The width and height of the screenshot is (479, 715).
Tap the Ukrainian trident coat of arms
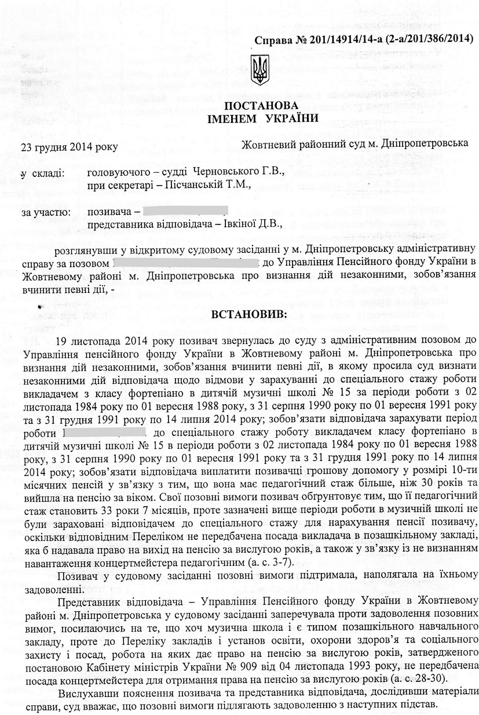[258, 71]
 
